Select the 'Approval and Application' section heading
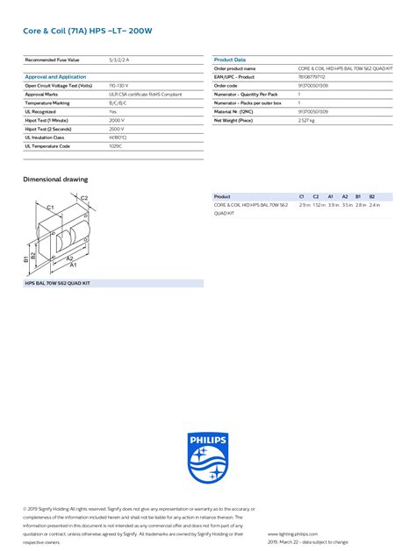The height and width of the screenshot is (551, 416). point(55,77)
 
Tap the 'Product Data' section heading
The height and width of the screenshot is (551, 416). point(230,60)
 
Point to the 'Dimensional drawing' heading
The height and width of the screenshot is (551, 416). point(55,179)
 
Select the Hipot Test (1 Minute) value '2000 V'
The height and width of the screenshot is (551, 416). point(117,119)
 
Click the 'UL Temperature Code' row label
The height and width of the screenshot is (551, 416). point(47,145)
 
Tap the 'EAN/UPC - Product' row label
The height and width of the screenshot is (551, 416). point(234,76)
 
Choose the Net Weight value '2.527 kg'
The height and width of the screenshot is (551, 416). point(307,119)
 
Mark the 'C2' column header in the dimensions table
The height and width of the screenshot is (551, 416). point(316,196)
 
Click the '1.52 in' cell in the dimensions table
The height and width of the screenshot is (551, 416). point(319,205)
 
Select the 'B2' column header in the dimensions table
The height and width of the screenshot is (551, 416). point(372,196)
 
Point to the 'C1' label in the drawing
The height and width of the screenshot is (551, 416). point(50,207)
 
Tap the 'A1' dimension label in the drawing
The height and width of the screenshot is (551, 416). point(74,265)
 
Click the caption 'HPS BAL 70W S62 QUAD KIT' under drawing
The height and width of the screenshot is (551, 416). point(58,283)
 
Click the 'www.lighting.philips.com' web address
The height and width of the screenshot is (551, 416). point(292,533)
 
